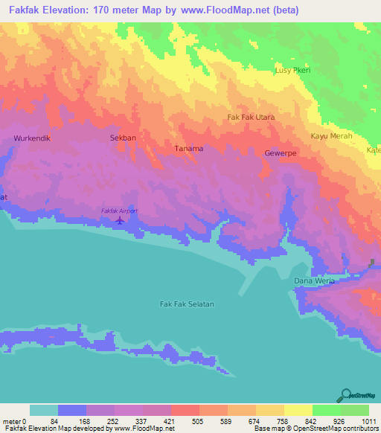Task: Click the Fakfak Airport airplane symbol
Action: point(119,220)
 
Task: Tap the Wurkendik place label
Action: point(31,138)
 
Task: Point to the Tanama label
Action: point(189,148)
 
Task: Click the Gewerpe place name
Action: point(281,153)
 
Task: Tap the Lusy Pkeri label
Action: point(293,69)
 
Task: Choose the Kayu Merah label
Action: point(331,136)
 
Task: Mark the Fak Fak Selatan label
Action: point(187,304)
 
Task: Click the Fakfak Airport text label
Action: point(119,211)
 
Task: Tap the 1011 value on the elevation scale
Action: point(369,421)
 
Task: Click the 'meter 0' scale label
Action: point(13,421)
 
